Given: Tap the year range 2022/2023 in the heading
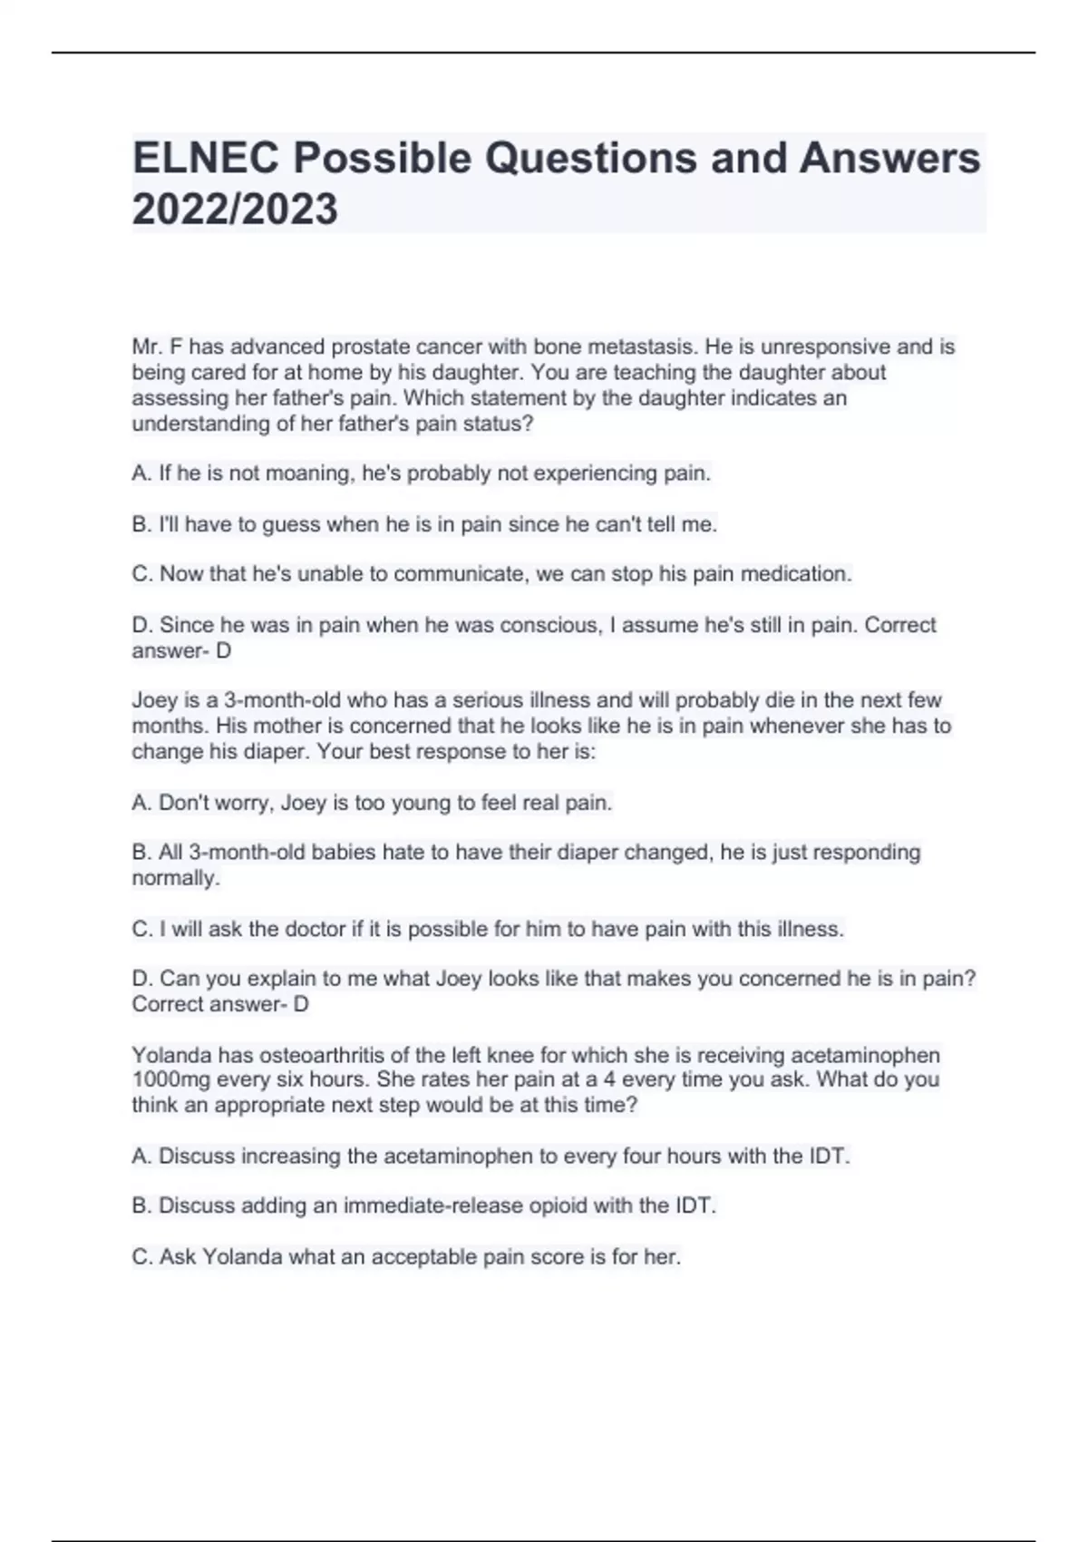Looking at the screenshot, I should [x=235, y=210].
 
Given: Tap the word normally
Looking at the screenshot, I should [x=175, y=878].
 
